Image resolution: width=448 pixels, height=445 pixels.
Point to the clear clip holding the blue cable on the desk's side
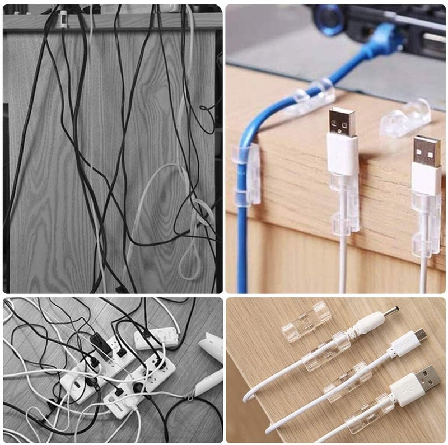tap(246, 174)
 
